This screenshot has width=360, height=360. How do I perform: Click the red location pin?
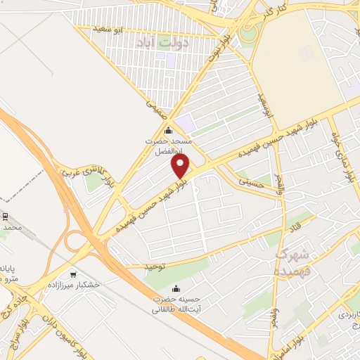(181, 166)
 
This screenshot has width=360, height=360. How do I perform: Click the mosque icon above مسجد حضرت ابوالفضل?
(167, 130)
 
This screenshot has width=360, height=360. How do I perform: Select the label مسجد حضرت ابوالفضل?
(168, 146)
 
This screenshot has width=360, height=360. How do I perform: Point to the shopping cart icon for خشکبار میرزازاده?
(74, 274)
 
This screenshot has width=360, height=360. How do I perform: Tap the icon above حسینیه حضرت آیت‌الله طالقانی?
(176, 289)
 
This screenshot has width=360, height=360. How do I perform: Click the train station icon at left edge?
(4, 216)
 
